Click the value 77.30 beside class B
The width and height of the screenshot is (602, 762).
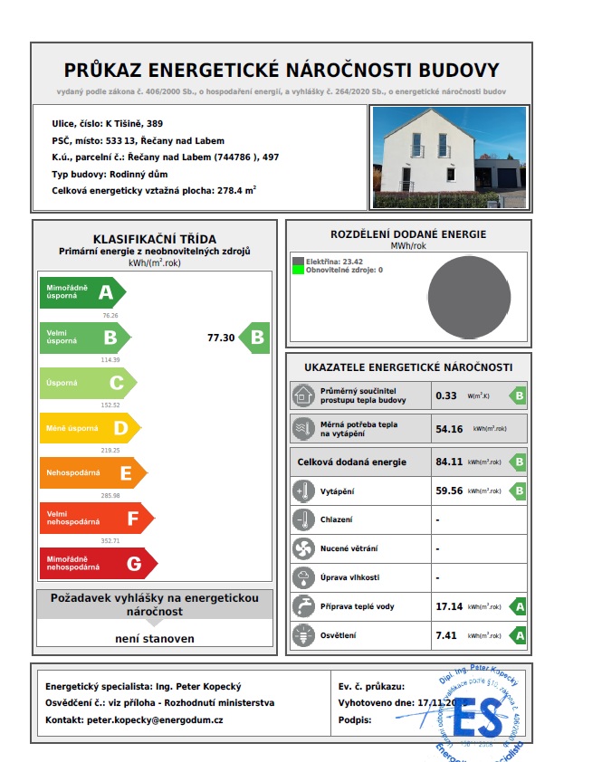221,338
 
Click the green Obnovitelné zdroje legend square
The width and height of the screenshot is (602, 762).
298,270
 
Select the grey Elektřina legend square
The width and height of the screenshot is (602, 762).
298,261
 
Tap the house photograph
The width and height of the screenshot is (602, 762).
448,157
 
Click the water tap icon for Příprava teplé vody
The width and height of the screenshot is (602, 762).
302,606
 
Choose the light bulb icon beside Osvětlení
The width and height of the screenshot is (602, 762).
302,636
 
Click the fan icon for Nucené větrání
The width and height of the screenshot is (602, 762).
302,548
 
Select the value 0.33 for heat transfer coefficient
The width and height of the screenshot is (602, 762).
446,395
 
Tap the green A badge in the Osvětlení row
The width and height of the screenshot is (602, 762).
519,636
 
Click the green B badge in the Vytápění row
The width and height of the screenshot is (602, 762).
519,491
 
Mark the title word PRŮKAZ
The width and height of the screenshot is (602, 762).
106,71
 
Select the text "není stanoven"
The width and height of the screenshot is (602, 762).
155,638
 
